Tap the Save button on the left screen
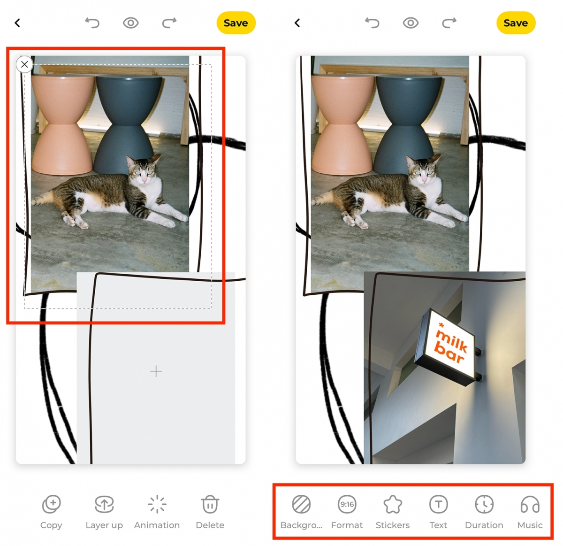point(236,23)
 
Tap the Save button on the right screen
point(516,23)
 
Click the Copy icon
point(52,504)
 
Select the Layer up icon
point(104,504)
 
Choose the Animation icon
point(157,504)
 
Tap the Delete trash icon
point(210,504)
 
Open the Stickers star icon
point(393,504)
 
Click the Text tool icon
point(438,504)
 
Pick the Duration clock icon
point(484,504)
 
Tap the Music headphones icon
point(530,504)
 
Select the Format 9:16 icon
point(347,504)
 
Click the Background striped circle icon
point(301,504)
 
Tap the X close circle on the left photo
point(24,64)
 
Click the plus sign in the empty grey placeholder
point(156,371)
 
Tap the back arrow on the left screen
point(17,23)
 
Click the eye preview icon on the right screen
point(411,23)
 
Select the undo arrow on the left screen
point(92,23)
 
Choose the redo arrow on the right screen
point(449,23)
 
